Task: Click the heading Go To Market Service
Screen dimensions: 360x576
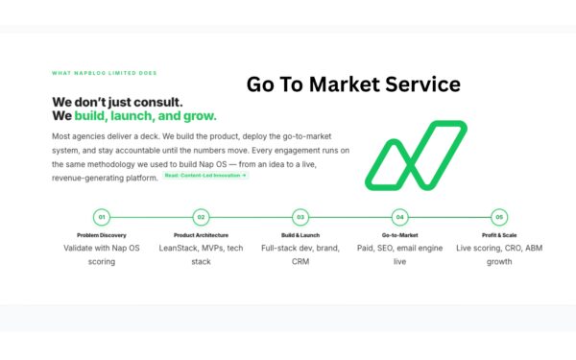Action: click(x=353, y=84)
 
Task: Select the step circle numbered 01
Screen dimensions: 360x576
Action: click(x=102, y=217)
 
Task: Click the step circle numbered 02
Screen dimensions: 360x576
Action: click(x=201, y=217)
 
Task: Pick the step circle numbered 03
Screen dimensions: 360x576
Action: click(x=300, y=217)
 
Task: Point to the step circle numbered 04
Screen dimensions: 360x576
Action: click(x=399, y=217)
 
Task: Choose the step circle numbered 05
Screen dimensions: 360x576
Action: click(x=498, y=217)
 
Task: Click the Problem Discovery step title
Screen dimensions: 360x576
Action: click(x=102, y=234)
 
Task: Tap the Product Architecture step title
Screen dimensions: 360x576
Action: click(x=201, y=234)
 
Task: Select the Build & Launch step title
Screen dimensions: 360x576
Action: click(x=300, y=234)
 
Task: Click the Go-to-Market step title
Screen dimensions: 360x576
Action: click(x=399, y=234)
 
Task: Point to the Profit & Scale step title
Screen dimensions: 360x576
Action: click(x=498, y=234)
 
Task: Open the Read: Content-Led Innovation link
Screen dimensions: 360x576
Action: click(x=205, y=176)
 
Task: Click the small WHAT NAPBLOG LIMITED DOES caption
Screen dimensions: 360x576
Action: click(x=105, y=73)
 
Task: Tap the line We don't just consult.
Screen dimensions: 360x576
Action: click(x=117, y=102)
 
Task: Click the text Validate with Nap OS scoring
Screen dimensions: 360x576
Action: click(x=102, y=254)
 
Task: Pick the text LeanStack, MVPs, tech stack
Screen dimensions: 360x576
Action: click(x=201, y=254)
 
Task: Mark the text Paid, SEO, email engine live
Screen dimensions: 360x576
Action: click(x=399, y=254)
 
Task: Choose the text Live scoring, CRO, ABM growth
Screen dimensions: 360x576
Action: click(x=498, y=254)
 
